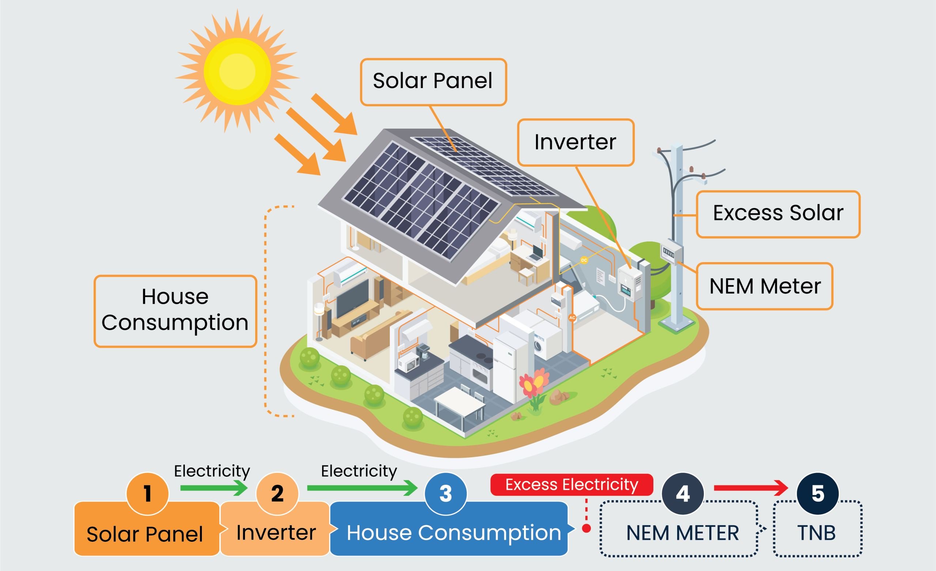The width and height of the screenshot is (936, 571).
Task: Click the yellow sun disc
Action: point(237,71)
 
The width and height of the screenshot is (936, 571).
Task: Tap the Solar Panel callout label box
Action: point(433,82)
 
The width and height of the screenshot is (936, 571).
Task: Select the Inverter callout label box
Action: point(575,143)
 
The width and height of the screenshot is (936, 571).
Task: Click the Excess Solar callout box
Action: point(778,214)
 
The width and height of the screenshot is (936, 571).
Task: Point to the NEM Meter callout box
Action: point(764,286)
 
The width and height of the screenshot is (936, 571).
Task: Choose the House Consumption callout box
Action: point(175,311)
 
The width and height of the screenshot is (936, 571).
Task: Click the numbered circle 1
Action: point(147,493)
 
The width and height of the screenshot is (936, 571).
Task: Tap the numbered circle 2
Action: point(277,493)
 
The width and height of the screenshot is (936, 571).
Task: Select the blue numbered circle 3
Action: point(445,493)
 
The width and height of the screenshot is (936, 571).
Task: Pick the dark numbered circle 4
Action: point(683,493)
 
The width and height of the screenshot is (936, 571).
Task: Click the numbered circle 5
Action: point(818,493)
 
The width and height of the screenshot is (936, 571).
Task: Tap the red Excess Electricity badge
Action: point(571,484)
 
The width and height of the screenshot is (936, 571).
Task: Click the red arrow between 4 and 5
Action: point(750,488)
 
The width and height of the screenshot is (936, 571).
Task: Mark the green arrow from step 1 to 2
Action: point(214,488)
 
